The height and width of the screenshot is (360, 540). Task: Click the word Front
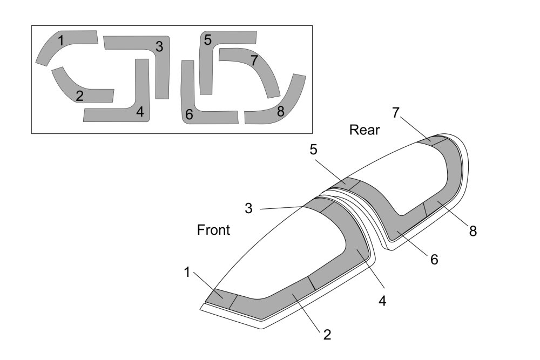tap(213, 230)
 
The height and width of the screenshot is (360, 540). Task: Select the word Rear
tap(364, 130)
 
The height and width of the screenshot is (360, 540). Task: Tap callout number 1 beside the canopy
tap(187, 272)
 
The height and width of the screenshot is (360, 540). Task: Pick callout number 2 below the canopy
tap(327, 335)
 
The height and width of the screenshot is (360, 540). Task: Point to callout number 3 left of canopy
tap(248, 208)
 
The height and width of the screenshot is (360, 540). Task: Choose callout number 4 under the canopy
tap(382, 301)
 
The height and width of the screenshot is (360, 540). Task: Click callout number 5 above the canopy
tap(313, 150)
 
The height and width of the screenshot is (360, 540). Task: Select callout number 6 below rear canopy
tap(434, 260)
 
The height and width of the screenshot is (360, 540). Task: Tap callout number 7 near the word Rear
tap(396, 113)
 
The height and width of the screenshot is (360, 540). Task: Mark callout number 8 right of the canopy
tap(473, 232)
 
